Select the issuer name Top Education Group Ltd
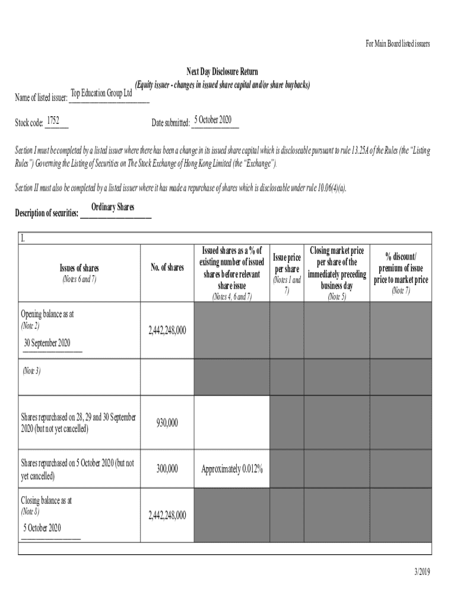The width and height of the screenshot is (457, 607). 101,93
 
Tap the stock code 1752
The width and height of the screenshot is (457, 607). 53,121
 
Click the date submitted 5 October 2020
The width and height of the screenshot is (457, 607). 212,120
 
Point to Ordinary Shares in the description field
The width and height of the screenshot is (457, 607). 113,207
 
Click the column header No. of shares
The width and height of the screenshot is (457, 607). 167,268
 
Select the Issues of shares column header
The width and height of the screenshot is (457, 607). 79,269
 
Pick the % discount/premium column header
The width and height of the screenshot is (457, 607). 401,268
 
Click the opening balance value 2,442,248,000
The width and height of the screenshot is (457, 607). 167,330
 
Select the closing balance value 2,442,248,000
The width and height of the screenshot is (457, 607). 167,515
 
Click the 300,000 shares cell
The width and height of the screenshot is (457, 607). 167,469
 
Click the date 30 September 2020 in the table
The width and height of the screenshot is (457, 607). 47,343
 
